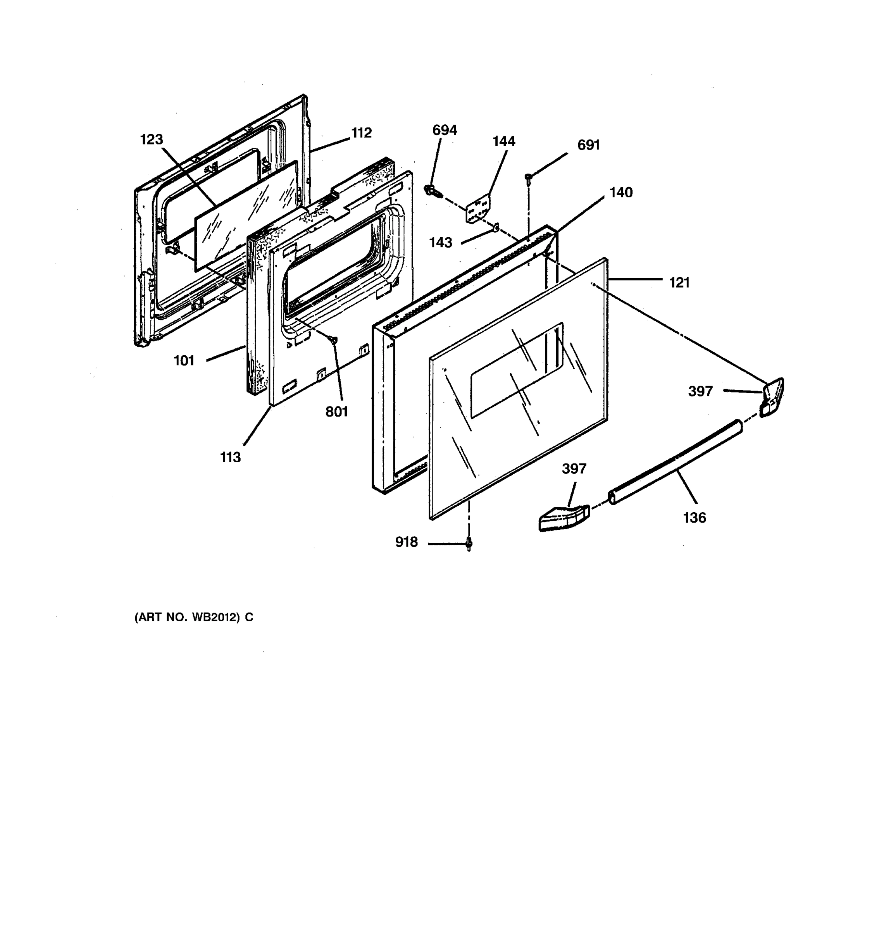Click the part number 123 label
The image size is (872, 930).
pyautogui.click(x=152, y=139)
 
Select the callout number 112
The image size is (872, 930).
pyautogui.click(x=362, y=133)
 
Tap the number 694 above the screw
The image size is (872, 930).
pyautogui.click(x=445, y=130)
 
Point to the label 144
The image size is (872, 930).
pyautogui.click(x=504, y=141)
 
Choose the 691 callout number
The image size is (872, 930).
pyautogui.click(x=589, y=145)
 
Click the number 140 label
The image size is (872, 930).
pyautogui.click(x=621, y=192)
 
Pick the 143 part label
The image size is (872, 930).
pyautogui.click(x=441, y=242)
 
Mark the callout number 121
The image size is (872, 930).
pyautogui.click(x=679, y=282)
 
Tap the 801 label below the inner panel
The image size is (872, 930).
pyautogui.click(x=337, y=412)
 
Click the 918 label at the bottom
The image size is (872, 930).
pyautogui.click(x=406, y=542)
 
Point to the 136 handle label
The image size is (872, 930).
pyautogui.click(x=694, y=517)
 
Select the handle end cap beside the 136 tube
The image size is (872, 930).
pyautogui.click(x=563, y=518)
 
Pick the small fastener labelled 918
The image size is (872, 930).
pyautogui.click(x=469, y=544)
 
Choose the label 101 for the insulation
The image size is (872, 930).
pyautogui.click(x=184, y=361)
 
